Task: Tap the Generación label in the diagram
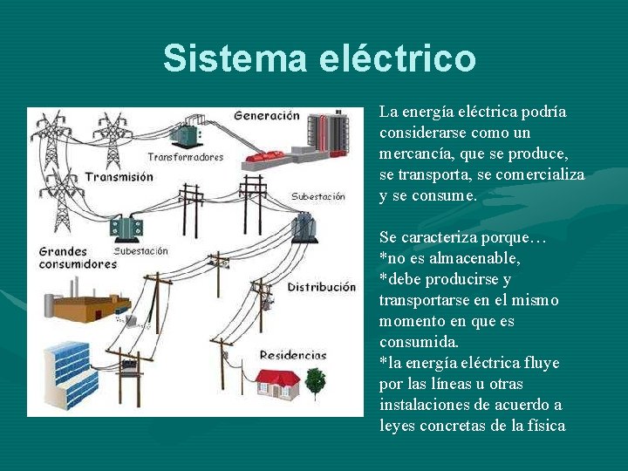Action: click(266, 115)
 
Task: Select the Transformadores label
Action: click(185, 157)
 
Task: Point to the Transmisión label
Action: click(119, 176)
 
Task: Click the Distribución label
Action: click(322, 287)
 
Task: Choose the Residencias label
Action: click(292, 355)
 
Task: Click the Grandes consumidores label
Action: click(78, 257)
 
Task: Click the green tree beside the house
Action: click(315, 380)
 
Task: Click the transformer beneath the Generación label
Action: click(184, 136)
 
